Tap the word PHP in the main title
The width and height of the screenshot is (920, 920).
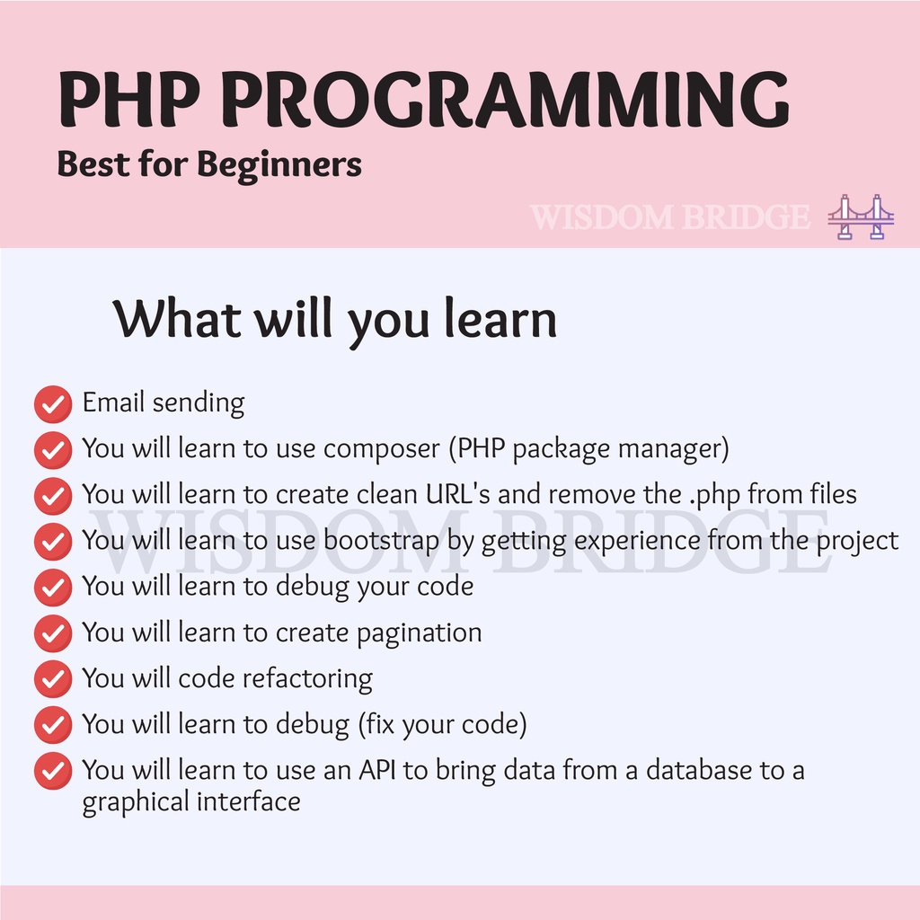click(x=128, y=99)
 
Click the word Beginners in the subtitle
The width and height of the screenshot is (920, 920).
click(x=279, y=165)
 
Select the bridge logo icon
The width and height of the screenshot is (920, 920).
click(x=861, y=217)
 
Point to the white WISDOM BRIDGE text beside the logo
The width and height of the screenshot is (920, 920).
click(x=669, y=217)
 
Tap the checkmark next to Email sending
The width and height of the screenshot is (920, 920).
click(x=53, y=404)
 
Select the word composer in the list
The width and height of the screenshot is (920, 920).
click(x=381, y=449)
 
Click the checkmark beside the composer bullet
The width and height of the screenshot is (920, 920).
click(x=53, y=450)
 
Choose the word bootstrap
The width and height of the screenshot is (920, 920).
click(x=381, y=540)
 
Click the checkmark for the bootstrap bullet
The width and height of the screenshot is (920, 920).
click(x=53, y=542)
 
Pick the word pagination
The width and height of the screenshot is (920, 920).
click(x=420, y=633)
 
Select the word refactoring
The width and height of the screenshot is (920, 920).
click(x=307, y=679)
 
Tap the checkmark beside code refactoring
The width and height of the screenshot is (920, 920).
click(x=53, y=679)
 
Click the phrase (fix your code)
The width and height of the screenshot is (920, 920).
click(x=442, y=725)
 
